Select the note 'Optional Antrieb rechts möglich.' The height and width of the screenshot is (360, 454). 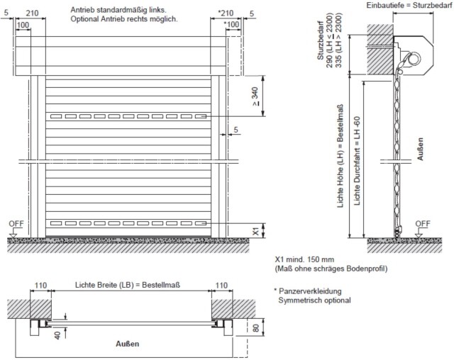coord(123,19)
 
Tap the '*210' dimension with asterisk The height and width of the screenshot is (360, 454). coord(226,13)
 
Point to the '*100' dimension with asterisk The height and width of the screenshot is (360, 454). coord(232,25)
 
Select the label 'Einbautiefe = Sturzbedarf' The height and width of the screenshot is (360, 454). coord(405,5)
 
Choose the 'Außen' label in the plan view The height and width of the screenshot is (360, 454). coord(127,344)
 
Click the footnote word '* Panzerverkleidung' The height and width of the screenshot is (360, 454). coord(309,291)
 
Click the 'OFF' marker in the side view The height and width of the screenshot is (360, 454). coord(422,223)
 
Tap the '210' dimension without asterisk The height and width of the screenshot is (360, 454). coord(32,13)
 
